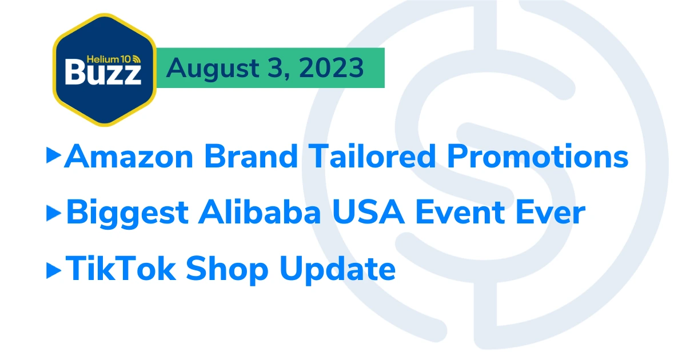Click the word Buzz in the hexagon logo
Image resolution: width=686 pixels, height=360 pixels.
[x=103, y=73]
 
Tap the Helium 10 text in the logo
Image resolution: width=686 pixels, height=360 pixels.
[x=109, y=59]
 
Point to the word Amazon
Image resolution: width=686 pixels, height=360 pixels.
[x=129, y=157]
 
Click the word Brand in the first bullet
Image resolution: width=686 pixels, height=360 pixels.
[x=251, y=156]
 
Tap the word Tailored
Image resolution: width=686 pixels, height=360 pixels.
[x=372, y=156]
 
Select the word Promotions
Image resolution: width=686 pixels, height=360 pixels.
[x=537, y=156]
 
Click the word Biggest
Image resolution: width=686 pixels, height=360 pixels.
[x=127, y=213]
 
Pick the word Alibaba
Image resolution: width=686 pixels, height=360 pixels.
[x=260, y=211]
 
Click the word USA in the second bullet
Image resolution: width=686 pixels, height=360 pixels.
[x=368, y=212]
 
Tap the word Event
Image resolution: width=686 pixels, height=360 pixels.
[x=460, y=212]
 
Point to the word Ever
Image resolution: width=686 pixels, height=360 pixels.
[x=551, y=212]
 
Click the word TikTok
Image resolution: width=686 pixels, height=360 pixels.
[x=121, y=268]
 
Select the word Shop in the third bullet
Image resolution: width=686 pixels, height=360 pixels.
[x=227, y=270]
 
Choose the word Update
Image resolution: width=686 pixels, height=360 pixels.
[x=337, y=270]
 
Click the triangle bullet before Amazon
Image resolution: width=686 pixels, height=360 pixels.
[x=54, y=155]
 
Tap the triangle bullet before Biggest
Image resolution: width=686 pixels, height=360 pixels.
[x=54, y=213]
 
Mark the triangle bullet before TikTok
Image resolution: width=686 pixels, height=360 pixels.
[x=54, y=270]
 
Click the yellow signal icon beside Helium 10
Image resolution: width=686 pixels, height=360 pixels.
[x=136, y=59]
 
